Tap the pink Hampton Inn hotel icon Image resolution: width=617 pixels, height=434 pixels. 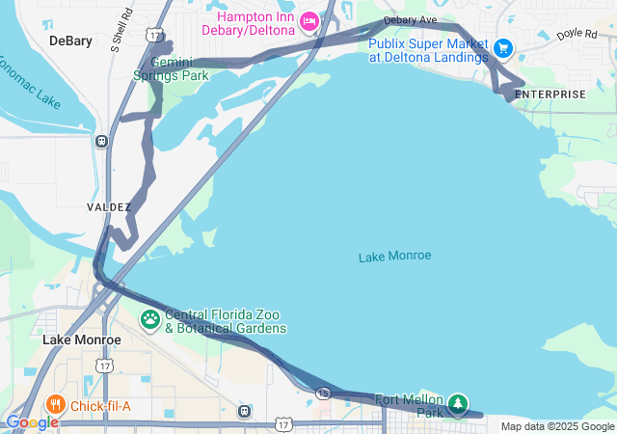point(308,19)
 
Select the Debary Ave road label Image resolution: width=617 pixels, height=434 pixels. point(410,20)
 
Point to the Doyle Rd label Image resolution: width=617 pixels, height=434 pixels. point(577,34)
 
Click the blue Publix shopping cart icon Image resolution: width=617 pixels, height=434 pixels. point(501,47)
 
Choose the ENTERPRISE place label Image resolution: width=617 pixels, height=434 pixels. point(550,94)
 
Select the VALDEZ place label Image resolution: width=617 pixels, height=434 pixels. point(108,207)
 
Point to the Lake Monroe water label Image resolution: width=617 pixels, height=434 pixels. point(394,257)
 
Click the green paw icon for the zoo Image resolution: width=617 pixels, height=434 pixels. point(150,318)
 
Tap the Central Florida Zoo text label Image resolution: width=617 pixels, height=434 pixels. point(226,321)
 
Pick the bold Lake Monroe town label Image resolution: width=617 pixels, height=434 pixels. point(82,340)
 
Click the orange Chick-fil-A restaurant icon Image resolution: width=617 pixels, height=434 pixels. point(57,405)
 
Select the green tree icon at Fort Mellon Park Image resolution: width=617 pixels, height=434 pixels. point(459,402)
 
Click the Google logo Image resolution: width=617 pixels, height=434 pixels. point(32,422)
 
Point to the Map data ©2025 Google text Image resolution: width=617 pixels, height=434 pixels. point(557,427)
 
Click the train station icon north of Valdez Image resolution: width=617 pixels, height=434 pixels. point(101,141)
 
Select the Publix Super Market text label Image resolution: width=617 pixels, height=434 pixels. point(428,50)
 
